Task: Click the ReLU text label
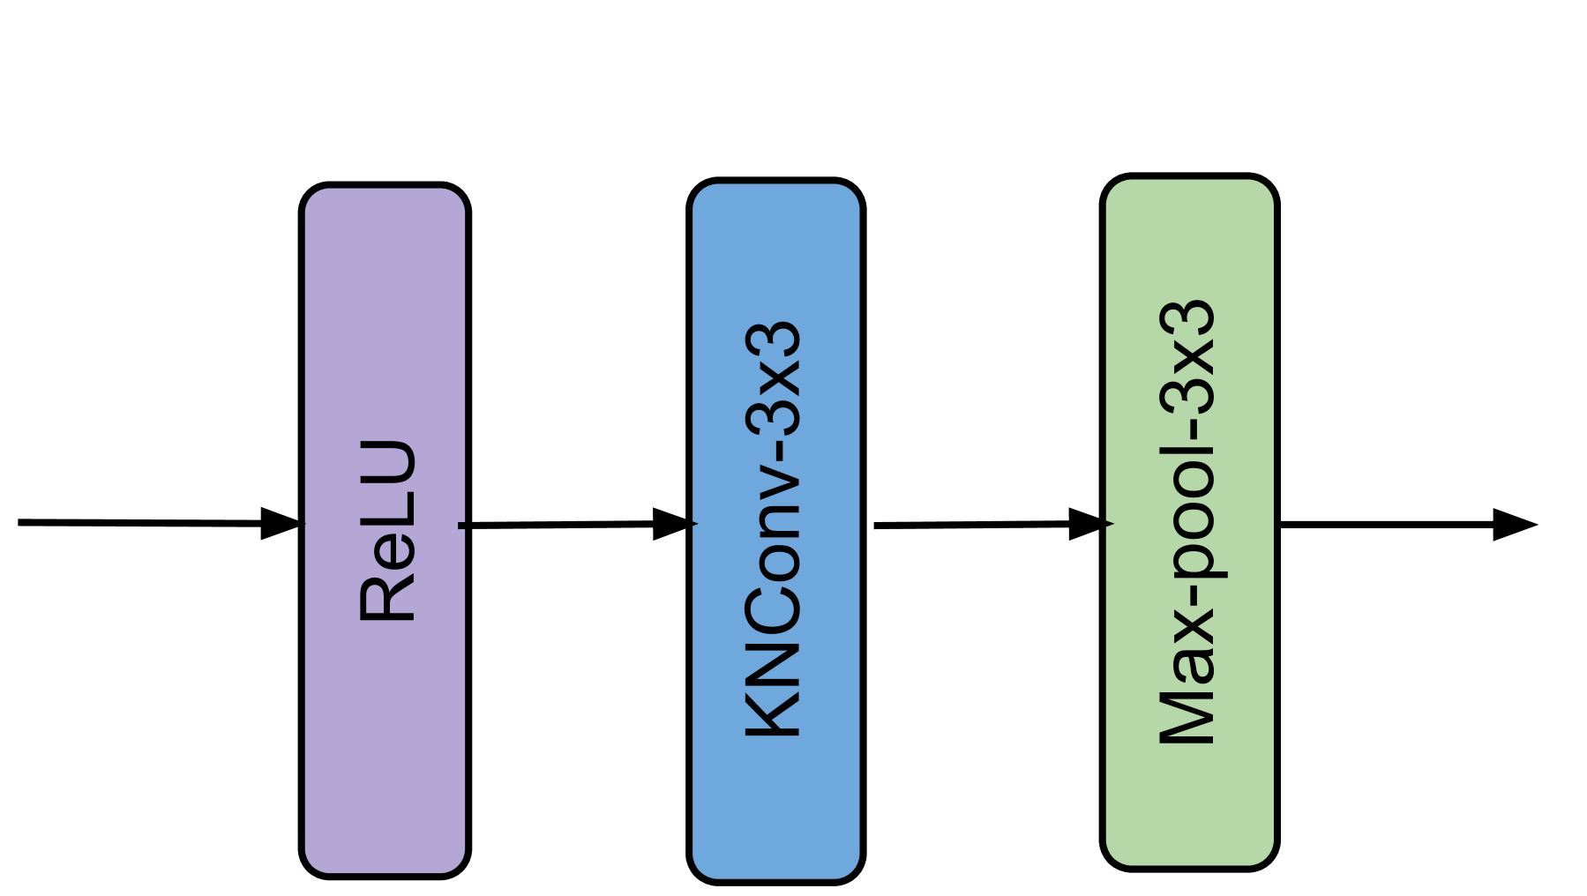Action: click(x=388, y=531)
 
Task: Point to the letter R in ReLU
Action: click(x=388, y=601)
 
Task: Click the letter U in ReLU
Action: click(x=388, y=463)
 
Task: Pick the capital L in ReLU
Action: click(x=388, y=511)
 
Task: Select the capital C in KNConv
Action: click(x=774, y=609)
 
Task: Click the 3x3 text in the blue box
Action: click(x=774, y=379)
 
